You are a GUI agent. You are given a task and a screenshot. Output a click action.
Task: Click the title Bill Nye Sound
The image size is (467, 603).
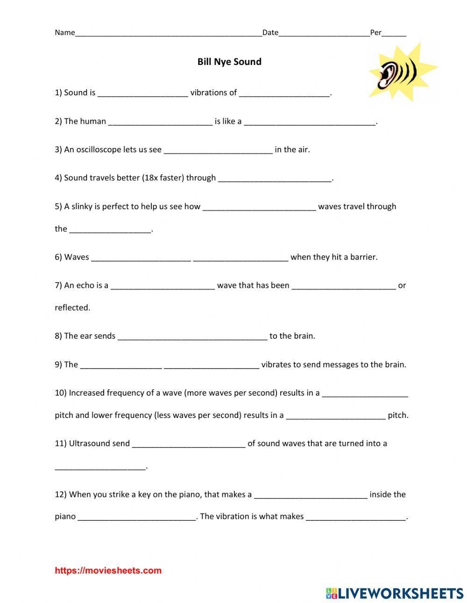pyautogui.click(x=229, y=62)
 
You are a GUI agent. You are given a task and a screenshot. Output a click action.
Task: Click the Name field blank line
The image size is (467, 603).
pyautogui.click(x=168, y=34)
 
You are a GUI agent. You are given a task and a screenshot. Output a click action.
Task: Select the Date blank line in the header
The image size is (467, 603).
pyautogui.click(x=324, y=34)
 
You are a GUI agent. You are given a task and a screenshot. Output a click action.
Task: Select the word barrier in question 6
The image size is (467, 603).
pyautogui.click(x=363, y=257)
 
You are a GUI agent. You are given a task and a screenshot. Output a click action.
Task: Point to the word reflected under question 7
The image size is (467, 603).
pyautogui.click(x=72, y=308)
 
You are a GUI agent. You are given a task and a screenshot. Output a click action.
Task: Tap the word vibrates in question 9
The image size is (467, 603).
pyautogui.click(x=276, y=365)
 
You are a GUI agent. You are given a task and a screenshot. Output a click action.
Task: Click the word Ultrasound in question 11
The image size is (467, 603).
pyautogui.click(x=90, y=444)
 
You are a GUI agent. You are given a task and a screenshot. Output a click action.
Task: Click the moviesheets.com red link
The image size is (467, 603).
pyautogui.click(x=108, y=570)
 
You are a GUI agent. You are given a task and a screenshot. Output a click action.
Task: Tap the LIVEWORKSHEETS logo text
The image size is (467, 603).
pyautogui.click(x=400, y=593)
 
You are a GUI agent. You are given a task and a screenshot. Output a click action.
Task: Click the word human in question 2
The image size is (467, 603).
pyautogui.click(x=93, y=121)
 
